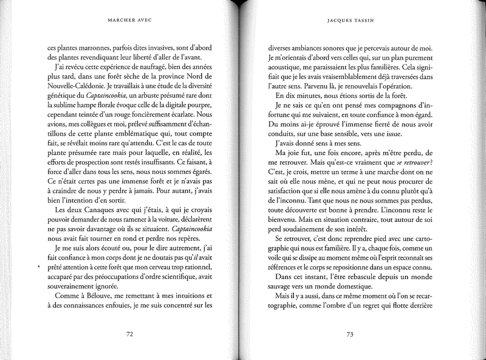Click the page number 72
[x=129, y=334]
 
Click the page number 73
[x=350, y=334]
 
